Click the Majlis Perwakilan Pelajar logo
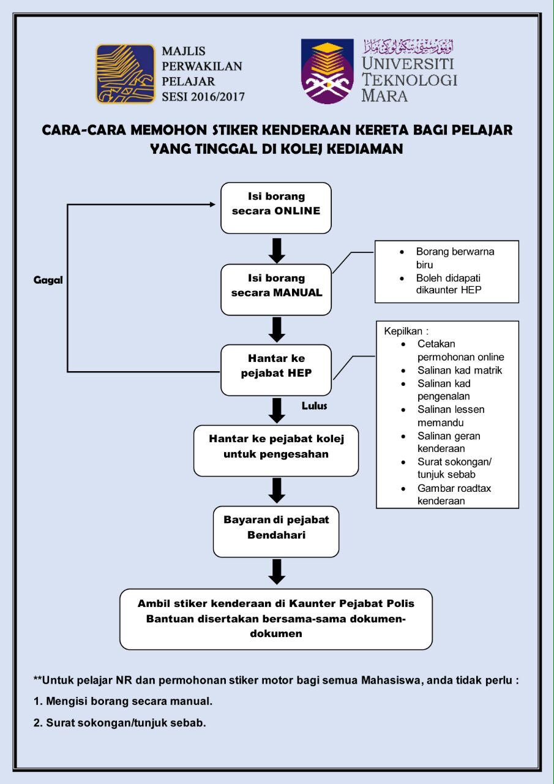[125, 73]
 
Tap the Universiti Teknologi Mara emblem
[328, 72]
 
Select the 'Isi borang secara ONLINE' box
[276, 208]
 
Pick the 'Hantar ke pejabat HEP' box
[276, 370]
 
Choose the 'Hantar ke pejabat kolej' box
[276, 451]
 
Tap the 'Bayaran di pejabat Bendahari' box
[276, 531]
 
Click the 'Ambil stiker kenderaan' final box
[276, 619]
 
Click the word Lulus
[315, 406]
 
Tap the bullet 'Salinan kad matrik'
[460, 371]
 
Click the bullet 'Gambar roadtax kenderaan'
[454, 494]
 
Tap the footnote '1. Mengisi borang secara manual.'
[123, 701]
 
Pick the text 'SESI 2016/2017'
[203, 96]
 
